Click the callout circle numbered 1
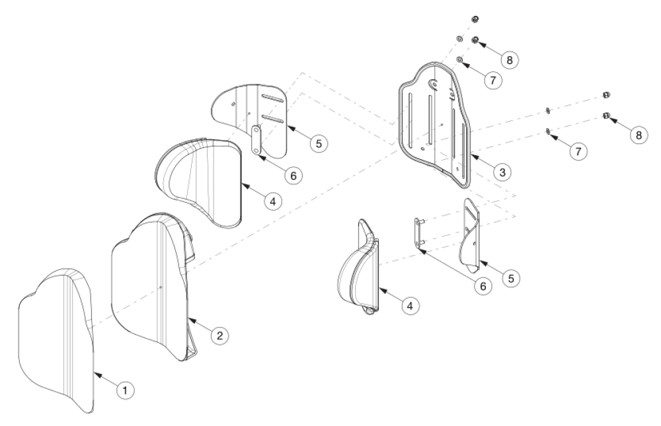coord(126,390)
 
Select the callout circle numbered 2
coord(219,336)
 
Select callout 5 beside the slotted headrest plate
coord(319,143)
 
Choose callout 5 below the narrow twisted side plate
coord(510,278)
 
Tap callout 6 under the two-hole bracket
coord(293,174)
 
